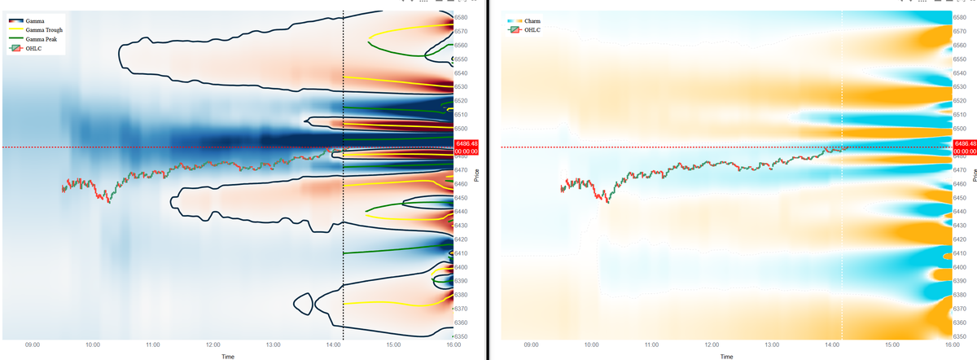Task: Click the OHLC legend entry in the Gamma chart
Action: click(x=33, y=49)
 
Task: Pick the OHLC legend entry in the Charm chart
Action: click(x=530, y=30)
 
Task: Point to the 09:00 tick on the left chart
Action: click(x=33, y=345)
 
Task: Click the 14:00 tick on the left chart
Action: click(x=333, y=345)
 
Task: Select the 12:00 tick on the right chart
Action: click(x=711, y=345)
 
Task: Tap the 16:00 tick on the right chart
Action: click(x=951, y=345)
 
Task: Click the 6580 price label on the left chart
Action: click(x=461, y=17)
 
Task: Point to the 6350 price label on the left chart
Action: click(x=461, y=336)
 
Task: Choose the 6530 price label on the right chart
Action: click(x=960, y=86)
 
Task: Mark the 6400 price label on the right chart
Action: click(x=960, y=267)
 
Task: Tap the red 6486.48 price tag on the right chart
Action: click(x=963, y=147)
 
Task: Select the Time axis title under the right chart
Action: click(x=726, y=355)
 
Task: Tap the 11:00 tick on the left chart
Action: click(x=153, y=345)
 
